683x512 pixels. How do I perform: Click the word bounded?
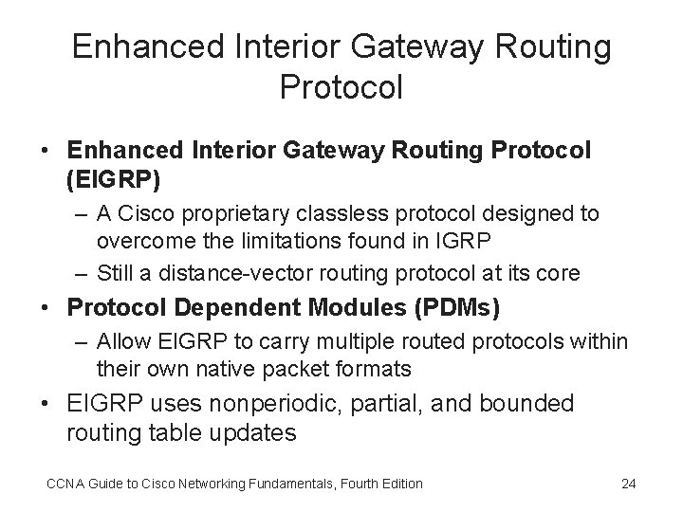[x=527, y=404]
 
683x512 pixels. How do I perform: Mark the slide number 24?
[x=627, y=484]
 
